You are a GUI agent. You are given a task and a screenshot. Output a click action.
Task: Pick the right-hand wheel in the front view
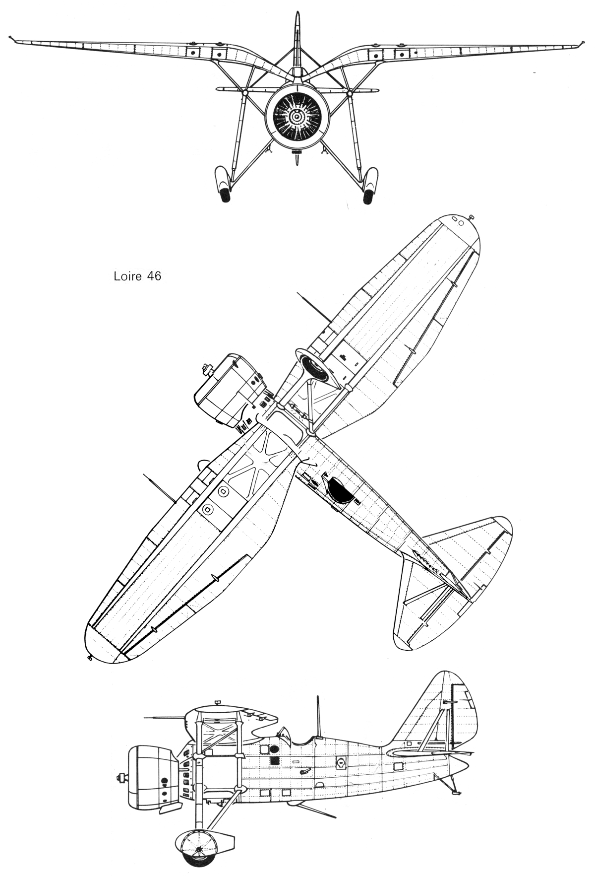pyautogui.click(x=368, y=195)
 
